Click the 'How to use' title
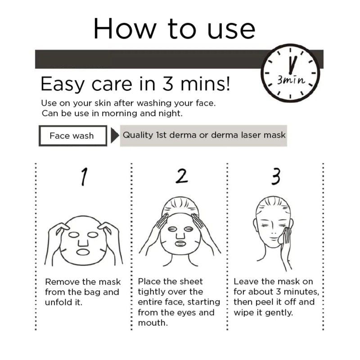click(x=174, y=29)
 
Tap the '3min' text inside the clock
click(x=291, y=80)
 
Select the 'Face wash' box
click(x=73, y=136)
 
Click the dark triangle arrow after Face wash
click(x=115, y=135)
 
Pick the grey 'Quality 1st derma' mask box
click(x=203, y=135)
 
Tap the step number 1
click(x=84, y=176)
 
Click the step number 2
click(x=182, y=176)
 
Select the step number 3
click(x=276, y=176)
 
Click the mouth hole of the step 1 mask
click(x=83, y=252)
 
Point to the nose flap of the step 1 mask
click(x=83, y=242)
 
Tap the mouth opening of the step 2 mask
click(x=180, y=243)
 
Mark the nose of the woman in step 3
click(x=273, y=231)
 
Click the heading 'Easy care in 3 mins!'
click(x=135, y=84)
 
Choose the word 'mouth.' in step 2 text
click(x=153, y=323)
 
